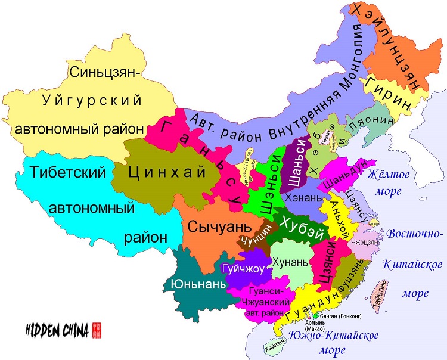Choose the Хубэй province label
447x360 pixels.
(x=296, y=229)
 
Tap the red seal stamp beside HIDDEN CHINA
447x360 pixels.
(x=97, y=329)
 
